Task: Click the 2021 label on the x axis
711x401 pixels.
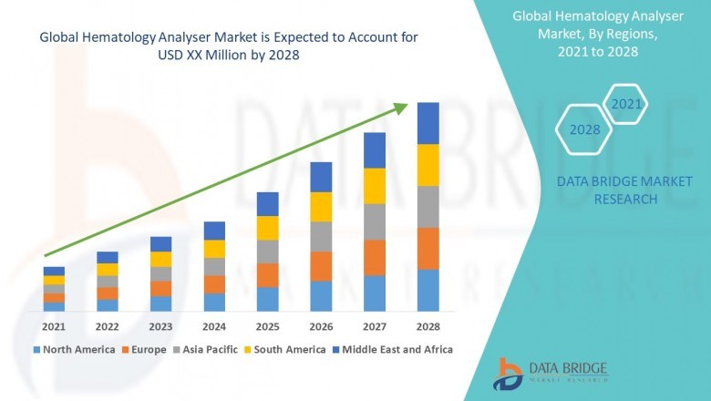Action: (54, 325)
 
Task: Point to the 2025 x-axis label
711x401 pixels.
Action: (267, 325)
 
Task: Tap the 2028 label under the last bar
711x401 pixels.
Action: (428, 325)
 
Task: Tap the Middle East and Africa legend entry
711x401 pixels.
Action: (396, 349)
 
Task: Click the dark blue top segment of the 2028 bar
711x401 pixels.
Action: (428, 123)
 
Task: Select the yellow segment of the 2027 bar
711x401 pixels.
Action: (375, 186)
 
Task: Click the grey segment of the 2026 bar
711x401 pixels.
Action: (321, 236)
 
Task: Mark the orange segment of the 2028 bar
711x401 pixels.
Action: (428, 248)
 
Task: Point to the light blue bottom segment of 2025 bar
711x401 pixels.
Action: (267, 299)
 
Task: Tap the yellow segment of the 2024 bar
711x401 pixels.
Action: (214, 248)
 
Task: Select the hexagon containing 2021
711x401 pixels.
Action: (626, 105)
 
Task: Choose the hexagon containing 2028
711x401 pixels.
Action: (584, 130)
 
